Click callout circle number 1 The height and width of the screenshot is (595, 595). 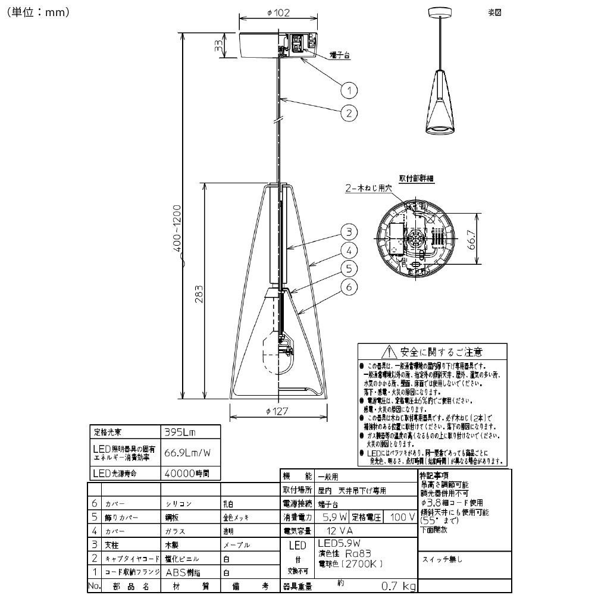pyautogui.click(x=349, y=90)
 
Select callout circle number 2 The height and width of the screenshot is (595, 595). pyautogui.click(x=349, y=112)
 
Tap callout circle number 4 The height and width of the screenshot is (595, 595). pyautogui.click(x=349, y=250)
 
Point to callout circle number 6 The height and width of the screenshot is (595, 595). pyautogui.click(x=349, y=287)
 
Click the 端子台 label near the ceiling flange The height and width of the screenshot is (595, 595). pyautogui.click(x=339, y=55)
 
